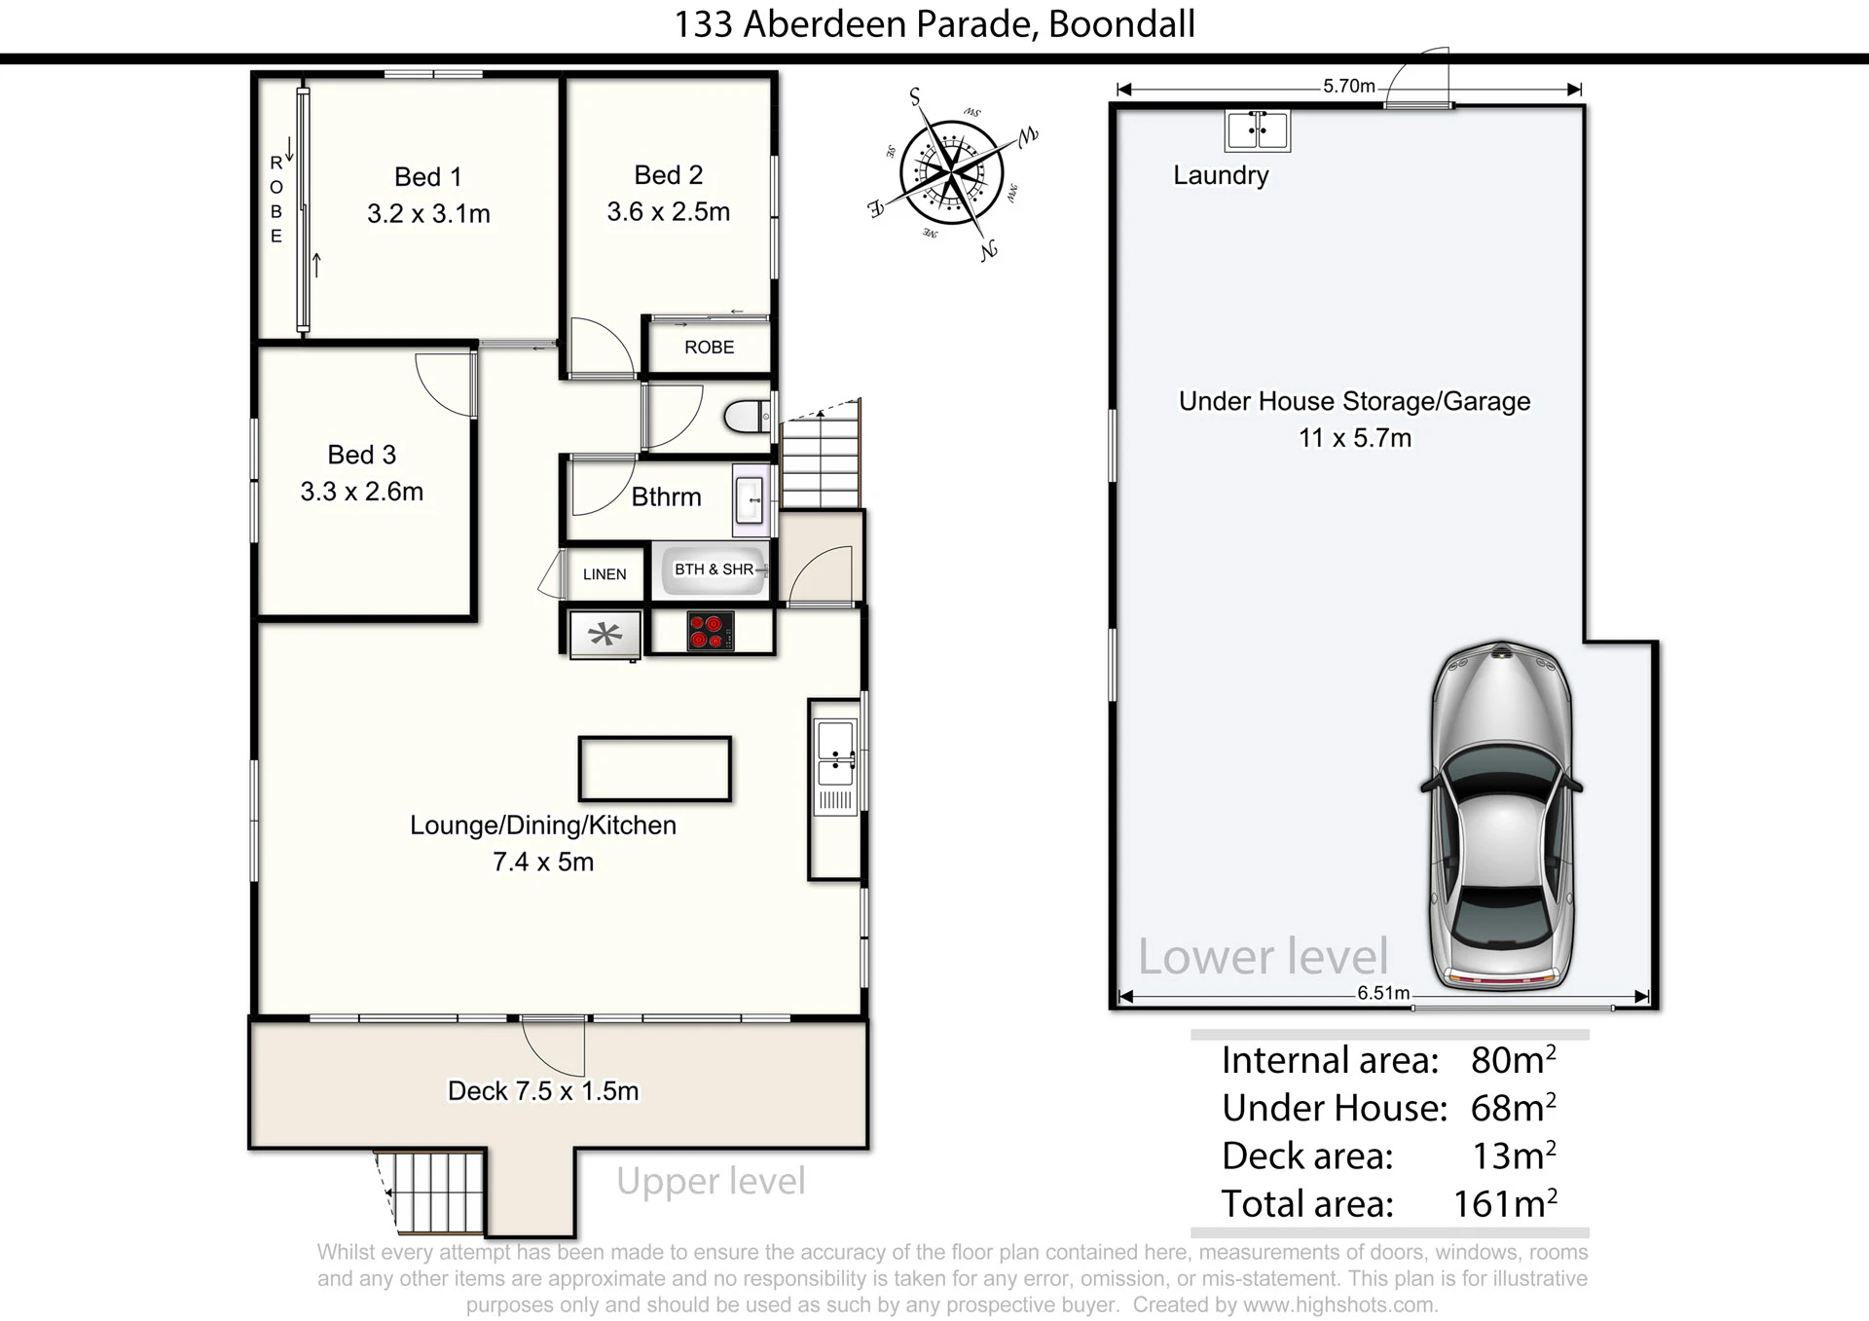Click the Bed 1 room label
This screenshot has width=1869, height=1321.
[427, 177]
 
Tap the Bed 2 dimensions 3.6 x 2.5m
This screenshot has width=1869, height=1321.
[668, 212]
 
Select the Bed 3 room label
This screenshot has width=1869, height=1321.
[361, 455]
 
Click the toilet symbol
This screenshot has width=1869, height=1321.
[747, 418]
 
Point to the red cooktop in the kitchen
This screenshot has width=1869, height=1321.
[711, 631]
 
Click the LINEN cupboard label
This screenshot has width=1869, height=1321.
[605, 574]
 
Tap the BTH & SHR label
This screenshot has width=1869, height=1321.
[714, 569]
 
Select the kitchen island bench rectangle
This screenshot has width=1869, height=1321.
[654, 769]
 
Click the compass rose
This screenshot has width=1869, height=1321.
[951, 173]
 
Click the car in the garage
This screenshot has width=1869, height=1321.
[1501, 816]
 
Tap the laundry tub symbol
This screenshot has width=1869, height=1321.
[1257, 130]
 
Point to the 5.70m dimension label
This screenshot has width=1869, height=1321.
[1348, 86]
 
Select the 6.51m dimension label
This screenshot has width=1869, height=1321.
[1383, 993]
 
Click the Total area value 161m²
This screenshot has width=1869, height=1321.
[1505, 1204]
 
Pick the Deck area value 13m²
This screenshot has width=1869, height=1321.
[1514, 1156]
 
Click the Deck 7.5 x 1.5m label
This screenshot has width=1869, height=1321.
[543, 1091]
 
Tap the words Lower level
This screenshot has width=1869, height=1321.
[1263, 957]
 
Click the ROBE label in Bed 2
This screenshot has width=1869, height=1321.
[709, 348]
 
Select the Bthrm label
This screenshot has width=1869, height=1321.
[666, 497]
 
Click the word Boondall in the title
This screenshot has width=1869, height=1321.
[1121, 24]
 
